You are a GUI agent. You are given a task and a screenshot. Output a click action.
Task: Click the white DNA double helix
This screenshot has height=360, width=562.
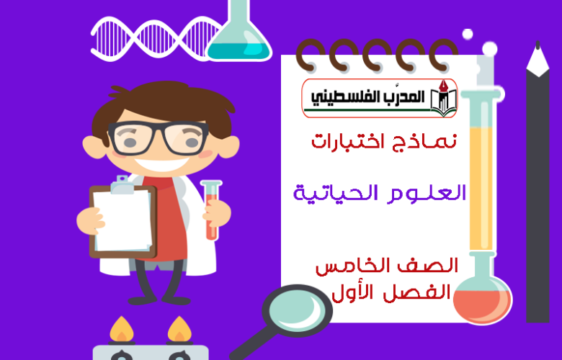tap(156, 38)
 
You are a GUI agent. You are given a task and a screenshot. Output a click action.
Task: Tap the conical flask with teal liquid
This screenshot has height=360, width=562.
tap(238, 36)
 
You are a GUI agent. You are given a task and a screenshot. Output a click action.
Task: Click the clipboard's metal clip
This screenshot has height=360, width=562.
tap(122, 184)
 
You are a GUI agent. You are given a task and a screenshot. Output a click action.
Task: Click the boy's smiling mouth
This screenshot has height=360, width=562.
tap(162, 163)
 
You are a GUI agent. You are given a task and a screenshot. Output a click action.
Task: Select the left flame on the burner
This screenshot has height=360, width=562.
tap(122, 329)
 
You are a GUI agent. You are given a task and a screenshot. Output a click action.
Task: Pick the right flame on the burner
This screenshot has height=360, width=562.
tap(179, 329)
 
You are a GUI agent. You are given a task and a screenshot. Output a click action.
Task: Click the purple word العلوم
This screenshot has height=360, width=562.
tap(427, 194)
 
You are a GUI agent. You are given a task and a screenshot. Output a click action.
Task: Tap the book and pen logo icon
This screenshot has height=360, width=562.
tap(443, 98)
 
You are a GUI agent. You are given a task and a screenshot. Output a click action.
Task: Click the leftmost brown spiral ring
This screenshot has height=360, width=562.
tap(308, 55)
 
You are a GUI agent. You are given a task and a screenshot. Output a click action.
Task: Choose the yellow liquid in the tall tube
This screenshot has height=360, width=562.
tap(481, 188)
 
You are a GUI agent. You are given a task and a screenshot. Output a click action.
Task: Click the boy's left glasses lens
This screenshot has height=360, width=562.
tap(131, 139)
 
